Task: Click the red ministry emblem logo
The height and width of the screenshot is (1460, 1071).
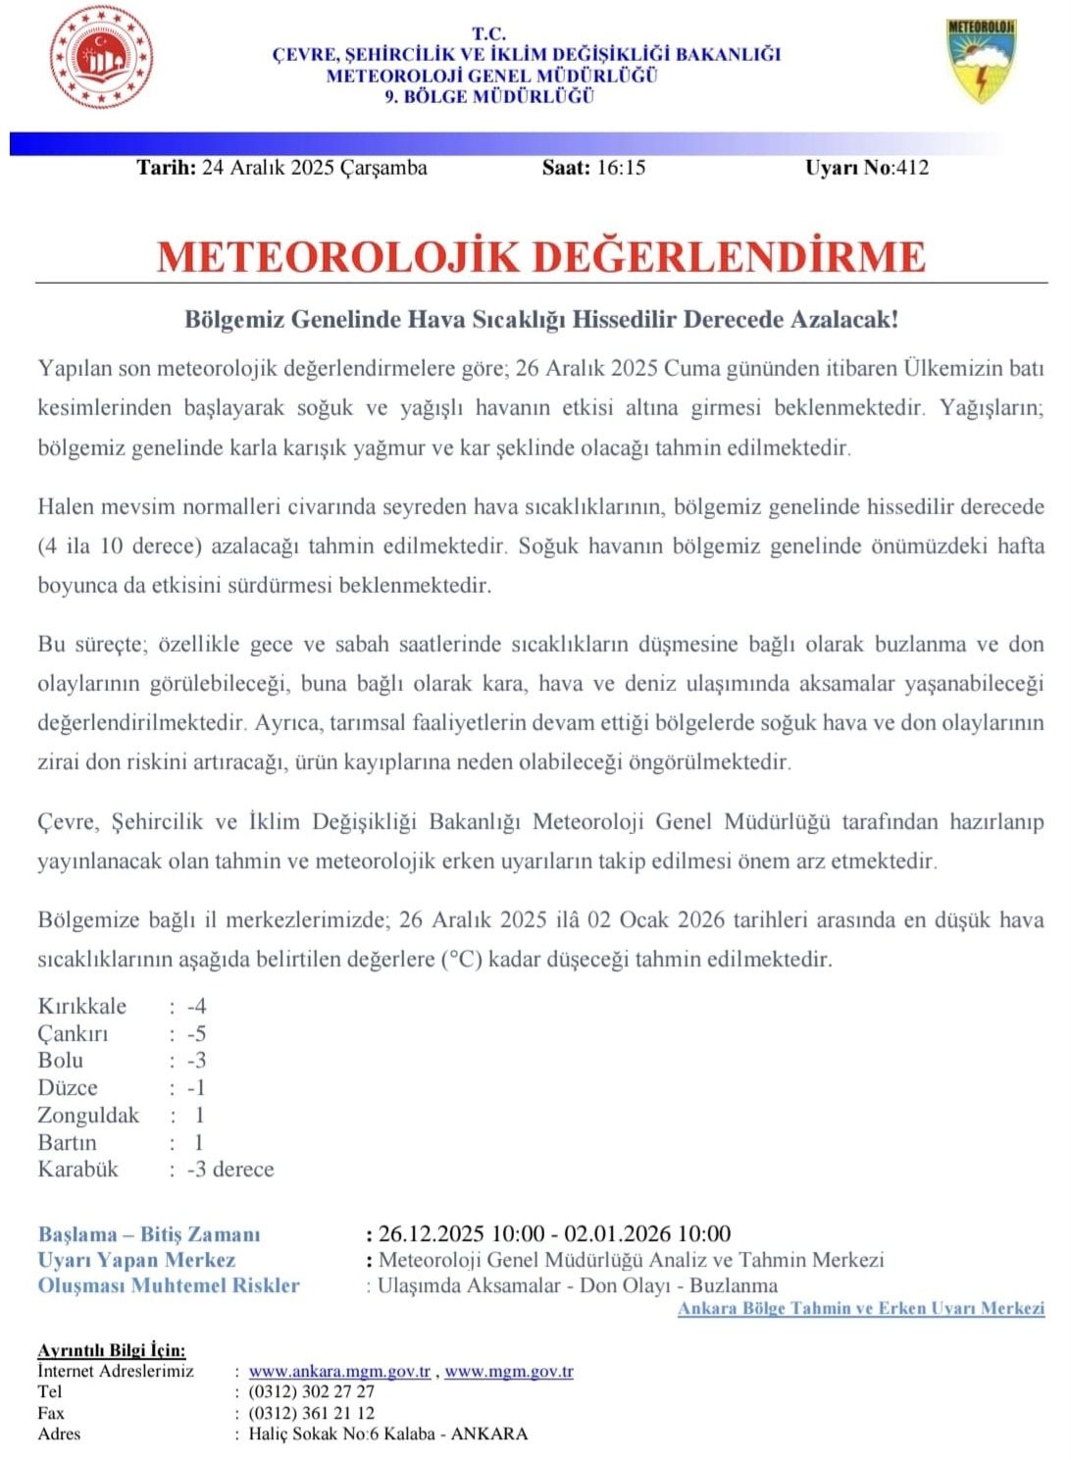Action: (x=102, y=57)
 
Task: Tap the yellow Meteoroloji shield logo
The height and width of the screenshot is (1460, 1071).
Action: (x=981, y=60)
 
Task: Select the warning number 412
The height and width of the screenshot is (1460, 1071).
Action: (x=912, y=168)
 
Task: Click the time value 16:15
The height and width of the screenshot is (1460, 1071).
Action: (x=621, y=168)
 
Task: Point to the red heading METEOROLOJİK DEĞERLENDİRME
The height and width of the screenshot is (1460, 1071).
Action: (x=540, y=257)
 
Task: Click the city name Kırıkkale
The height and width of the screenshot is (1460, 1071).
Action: (x=82, y=1006)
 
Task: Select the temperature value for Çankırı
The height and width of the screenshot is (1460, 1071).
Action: (x=196, y=1033)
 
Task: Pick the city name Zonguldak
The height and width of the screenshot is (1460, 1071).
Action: (x=88, y=1116)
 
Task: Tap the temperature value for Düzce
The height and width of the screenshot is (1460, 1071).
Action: (x=196, y=1088)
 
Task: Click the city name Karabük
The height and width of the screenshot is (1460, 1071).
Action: (x=77, y=1170)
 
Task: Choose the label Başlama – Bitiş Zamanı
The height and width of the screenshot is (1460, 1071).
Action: (x=149, y=1234)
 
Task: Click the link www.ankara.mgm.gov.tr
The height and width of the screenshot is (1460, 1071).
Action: (x=339, y=1372)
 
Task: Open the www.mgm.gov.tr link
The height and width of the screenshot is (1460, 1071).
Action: (x=509, y=1372)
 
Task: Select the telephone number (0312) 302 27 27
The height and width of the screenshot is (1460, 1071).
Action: (x=312, y=1392)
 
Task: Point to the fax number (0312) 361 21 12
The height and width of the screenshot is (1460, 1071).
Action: (x=312, y=1414)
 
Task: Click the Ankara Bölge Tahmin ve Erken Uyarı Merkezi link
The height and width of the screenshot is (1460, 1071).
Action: (x=861, y=1309)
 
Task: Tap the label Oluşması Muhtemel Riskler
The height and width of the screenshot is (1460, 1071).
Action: (x=169, y=1285)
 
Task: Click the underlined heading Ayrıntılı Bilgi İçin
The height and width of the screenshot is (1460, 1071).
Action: (x=111, y=1351)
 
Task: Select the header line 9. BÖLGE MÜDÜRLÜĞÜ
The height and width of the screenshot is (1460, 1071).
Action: (x=489, y=96)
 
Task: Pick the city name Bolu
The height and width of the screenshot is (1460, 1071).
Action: (x=61, y=1061)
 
